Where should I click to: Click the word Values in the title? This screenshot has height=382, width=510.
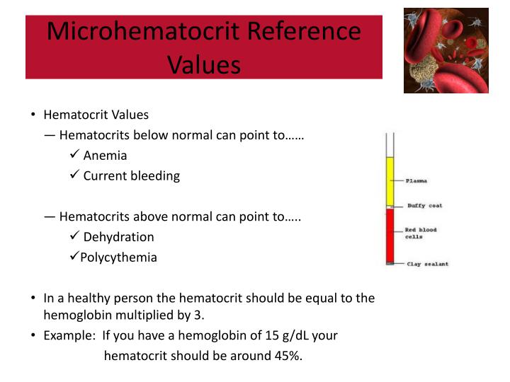(204, 64)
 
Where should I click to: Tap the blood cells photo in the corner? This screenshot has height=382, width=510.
(446, 50)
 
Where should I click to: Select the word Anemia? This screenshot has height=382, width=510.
(105, 156)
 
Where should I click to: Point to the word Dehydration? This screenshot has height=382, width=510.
(118, 237)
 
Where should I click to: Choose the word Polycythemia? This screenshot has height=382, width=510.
(118, 257)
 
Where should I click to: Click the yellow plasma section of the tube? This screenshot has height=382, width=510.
(389, 180)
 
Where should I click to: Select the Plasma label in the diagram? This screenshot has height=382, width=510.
(417, 181)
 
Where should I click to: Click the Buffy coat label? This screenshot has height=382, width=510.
(424, 206)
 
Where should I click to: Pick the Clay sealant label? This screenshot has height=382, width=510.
(427, 265)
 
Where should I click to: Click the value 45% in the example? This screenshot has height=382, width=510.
(287, 356)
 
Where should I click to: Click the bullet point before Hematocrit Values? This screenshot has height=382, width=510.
(33, 115)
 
